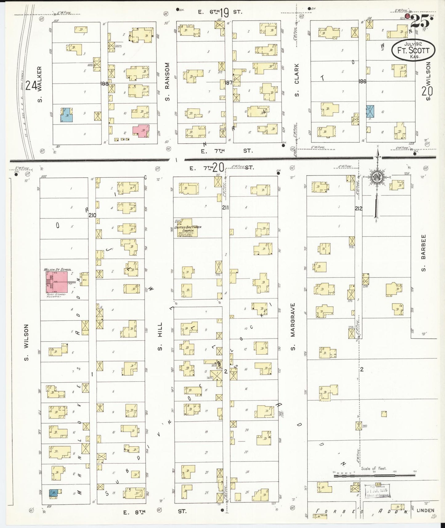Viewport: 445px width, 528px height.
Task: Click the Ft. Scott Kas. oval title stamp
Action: (x=413, y=50)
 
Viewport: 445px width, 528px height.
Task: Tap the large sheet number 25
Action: (x=420, y=22)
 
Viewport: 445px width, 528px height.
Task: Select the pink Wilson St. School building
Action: (x=57, y=282)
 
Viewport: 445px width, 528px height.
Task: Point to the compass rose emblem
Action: (x=376, y=177)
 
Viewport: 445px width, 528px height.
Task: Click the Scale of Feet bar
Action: (x=374, y=476)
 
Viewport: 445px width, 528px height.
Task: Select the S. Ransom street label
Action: (x=167, y=82)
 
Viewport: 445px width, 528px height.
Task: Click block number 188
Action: (x=104, y=83)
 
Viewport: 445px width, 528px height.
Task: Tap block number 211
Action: (x=225, y=208)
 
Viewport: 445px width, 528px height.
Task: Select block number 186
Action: (x=362, y=82)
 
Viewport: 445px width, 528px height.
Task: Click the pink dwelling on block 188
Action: (x=141, y=131)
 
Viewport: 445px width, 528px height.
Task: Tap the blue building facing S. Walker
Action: (x=67, y=115)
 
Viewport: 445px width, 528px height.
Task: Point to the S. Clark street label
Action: (x=297, y=80)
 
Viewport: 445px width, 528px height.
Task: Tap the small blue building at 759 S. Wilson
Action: (x=54, y=493)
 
